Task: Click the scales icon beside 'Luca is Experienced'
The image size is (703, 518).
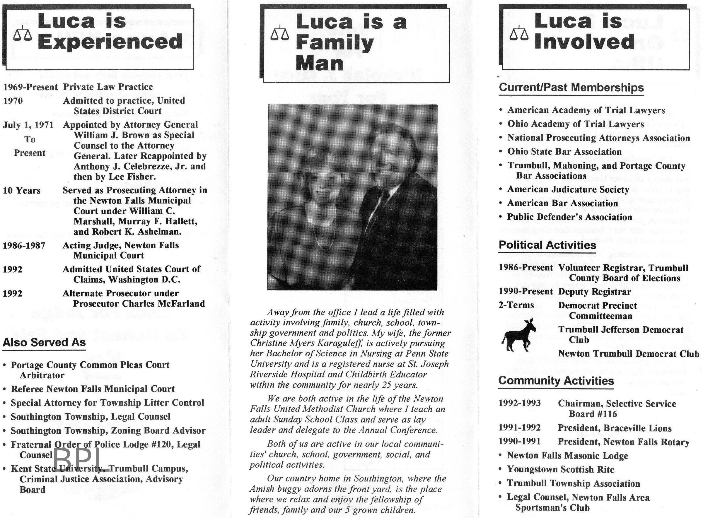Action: (x=23, y=34)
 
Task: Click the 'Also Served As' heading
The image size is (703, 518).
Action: (x=44, y=342)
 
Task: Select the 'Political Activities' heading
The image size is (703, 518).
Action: (x=547, y=245)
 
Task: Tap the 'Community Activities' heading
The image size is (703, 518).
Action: (x=556, y=381)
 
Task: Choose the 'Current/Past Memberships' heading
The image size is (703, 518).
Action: (x=571, y=88)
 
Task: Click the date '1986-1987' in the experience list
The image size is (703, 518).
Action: (x=24, y=245)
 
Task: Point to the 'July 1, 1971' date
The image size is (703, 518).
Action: (x=28, y=125)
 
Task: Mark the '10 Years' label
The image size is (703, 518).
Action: (x=22, y=190)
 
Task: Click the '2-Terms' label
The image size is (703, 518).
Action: (x=516, y=305)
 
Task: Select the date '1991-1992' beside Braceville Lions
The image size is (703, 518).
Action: (x=519, y=428)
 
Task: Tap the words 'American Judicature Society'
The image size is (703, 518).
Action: (x=568, y=189)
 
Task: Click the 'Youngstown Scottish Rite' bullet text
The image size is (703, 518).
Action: (x=561, y=469)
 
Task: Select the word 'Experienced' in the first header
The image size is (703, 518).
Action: (x=110, y=42)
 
